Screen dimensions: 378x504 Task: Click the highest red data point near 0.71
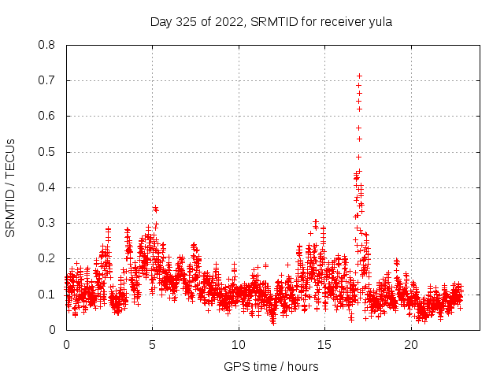pyautogui.click(x=359, y=76)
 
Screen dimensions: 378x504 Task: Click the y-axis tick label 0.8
pyautogui.click(x=48, y=45)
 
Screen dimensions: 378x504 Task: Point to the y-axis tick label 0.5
pyautogui.click(x=48, y=152)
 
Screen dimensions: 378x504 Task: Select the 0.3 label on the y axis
pyautogui.click(x=48, y=223)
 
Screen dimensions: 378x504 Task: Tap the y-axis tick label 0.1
pyautogui.click(x=48, y=295)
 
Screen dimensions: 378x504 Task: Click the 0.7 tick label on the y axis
pyautogui.click(x=48, y=80)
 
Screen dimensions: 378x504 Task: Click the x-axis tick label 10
pyautogui.click(x=239, y=344)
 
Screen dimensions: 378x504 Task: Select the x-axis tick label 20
pyautogui.click(x=411, y=344)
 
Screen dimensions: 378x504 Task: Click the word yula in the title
pyautogui.click(x=380, y=22)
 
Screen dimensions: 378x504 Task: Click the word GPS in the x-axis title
pyautogui.click(x=235, y=366)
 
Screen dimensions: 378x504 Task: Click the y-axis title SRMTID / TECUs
pyautogui.click(x=11, y=187)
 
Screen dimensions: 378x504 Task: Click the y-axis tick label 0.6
pyautogui.click(x=48, y=116)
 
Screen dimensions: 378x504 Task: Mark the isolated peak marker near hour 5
pyautogui.click(x=155, y=209)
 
